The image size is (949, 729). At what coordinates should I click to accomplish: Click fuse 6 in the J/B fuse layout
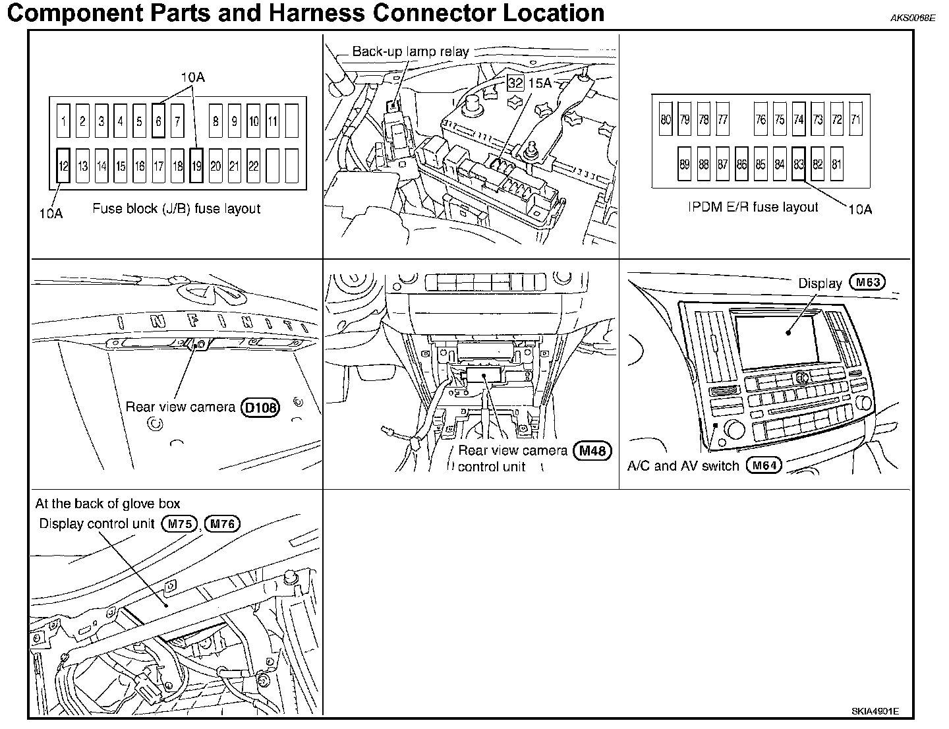click(158, 121)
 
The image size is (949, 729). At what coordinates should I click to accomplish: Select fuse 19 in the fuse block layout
click(196, 165)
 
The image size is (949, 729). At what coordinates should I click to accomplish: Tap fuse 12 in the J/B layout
click(63, 165)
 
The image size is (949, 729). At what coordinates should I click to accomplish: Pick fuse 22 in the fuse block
click(254, 165)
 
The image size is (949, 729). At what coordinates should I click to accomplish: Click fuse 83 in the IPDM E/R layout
click(799, 164)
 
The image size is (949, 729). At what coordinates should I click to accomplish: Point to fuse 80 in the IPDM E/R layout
click(666, 119)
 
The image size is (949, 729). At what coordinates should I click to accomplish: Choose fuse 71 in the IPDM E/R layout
click(856, 119)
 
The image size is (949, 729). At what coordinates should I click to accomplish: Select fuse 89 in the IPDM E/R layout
click(685, 164)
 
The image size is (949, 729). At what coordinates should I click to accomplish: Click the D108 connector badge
click(261, 407)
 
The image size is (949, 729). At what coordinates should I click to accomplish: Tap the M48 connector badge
click(592, 451)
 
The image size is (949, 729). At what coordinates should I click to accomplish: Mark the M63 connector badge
click(867, 283)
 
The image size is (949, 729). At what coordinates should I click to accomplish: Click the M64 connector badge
click(764, 465)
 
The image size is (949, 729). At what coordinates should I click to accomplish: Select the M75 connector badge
click(179, 524)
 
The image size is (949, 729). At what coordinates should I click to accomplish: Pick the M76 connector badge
click(222, 524)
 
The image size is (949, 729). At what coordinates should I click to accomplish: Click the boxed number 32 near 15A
click(515, 83)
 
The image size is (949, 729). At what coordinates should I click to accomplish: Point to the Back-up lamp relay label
click(410, 51)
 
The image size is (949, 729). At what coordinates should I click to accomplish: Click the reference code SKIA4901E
click(875, 712)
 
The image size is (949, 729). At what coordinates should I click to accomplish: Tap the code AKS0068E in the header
click(912, 18)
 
